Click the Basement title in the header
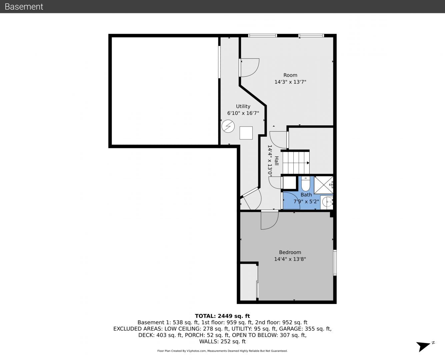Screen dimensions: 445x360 tap(24, 7)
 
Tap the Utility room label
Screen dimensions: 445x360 tap(243, 106)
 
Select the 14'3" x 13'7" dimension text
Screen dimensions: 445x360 tap(290, 82)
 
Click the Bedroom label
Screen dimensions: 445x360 tap(290, 252)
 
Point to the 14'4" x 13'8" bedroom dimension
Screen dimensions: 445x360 tap(290, 259)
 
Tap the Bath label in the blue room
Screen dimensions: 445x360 tap(306, 195)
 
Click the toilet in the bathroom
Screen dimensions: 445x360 tap(305, 184)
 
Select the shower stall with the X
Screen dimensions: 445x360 tap(324, 185)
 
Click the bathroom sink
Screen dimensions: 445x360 tap(327, 202)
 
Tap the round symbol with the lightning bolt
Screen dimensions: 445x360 tap(228, 126)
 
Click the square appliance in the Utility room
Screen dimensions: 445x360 tap(246, 133)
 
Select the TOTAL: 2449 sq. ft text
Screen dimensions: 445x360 tap(222, 316)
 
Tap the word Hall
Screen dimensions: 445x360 tap(276, 161)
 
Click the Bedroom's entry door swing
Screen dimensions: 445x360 tap(270, 220)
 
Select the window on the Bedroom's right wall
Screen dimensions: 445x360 tap(335, 262)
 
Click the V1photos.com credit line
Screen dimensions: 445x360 tap(222, 351)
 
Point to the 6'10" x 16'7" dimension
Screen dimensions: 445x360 tap(243, 113)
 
